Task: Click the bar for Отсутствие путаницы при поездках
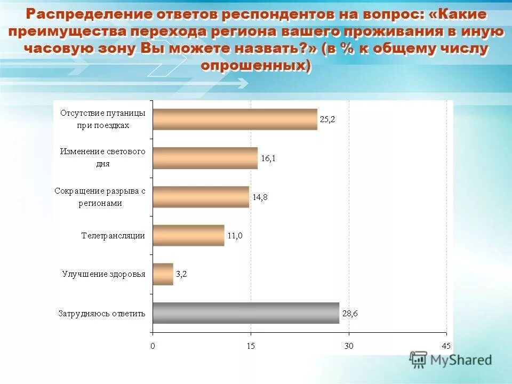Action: click(235, 119)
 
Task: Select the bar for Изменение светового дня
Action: click(205, 158)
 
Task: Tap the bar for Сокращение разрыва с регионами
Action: click(201, 197)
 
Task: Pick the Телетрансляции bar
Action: click(188, 235)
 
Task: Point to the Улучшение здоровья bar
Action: click(163, 274)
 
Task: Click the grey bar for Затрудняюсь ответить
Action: click(246, 313)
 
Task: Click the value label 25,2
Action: click(327, 119)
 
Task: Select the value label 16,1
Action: click(268, 158)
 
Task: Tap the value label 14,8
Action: click(260, 197)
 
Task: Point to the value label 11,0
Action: click(235, 236)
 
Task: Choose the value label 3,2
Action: click(181, 274)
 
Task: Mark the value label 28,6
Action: click(350, 313)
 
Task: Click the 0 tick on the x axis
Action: click(153, 346)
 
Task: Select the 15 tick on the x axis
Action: click(251, 346)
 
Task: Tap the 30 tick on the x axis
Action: click(349, 346)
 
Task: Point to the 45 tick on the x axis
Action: click(447, 346)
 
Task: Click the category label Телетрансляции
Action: click(113, 236)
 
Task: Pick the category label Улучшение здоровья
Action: click(103, 274)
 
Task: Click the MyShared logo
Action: click(451, 360)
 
